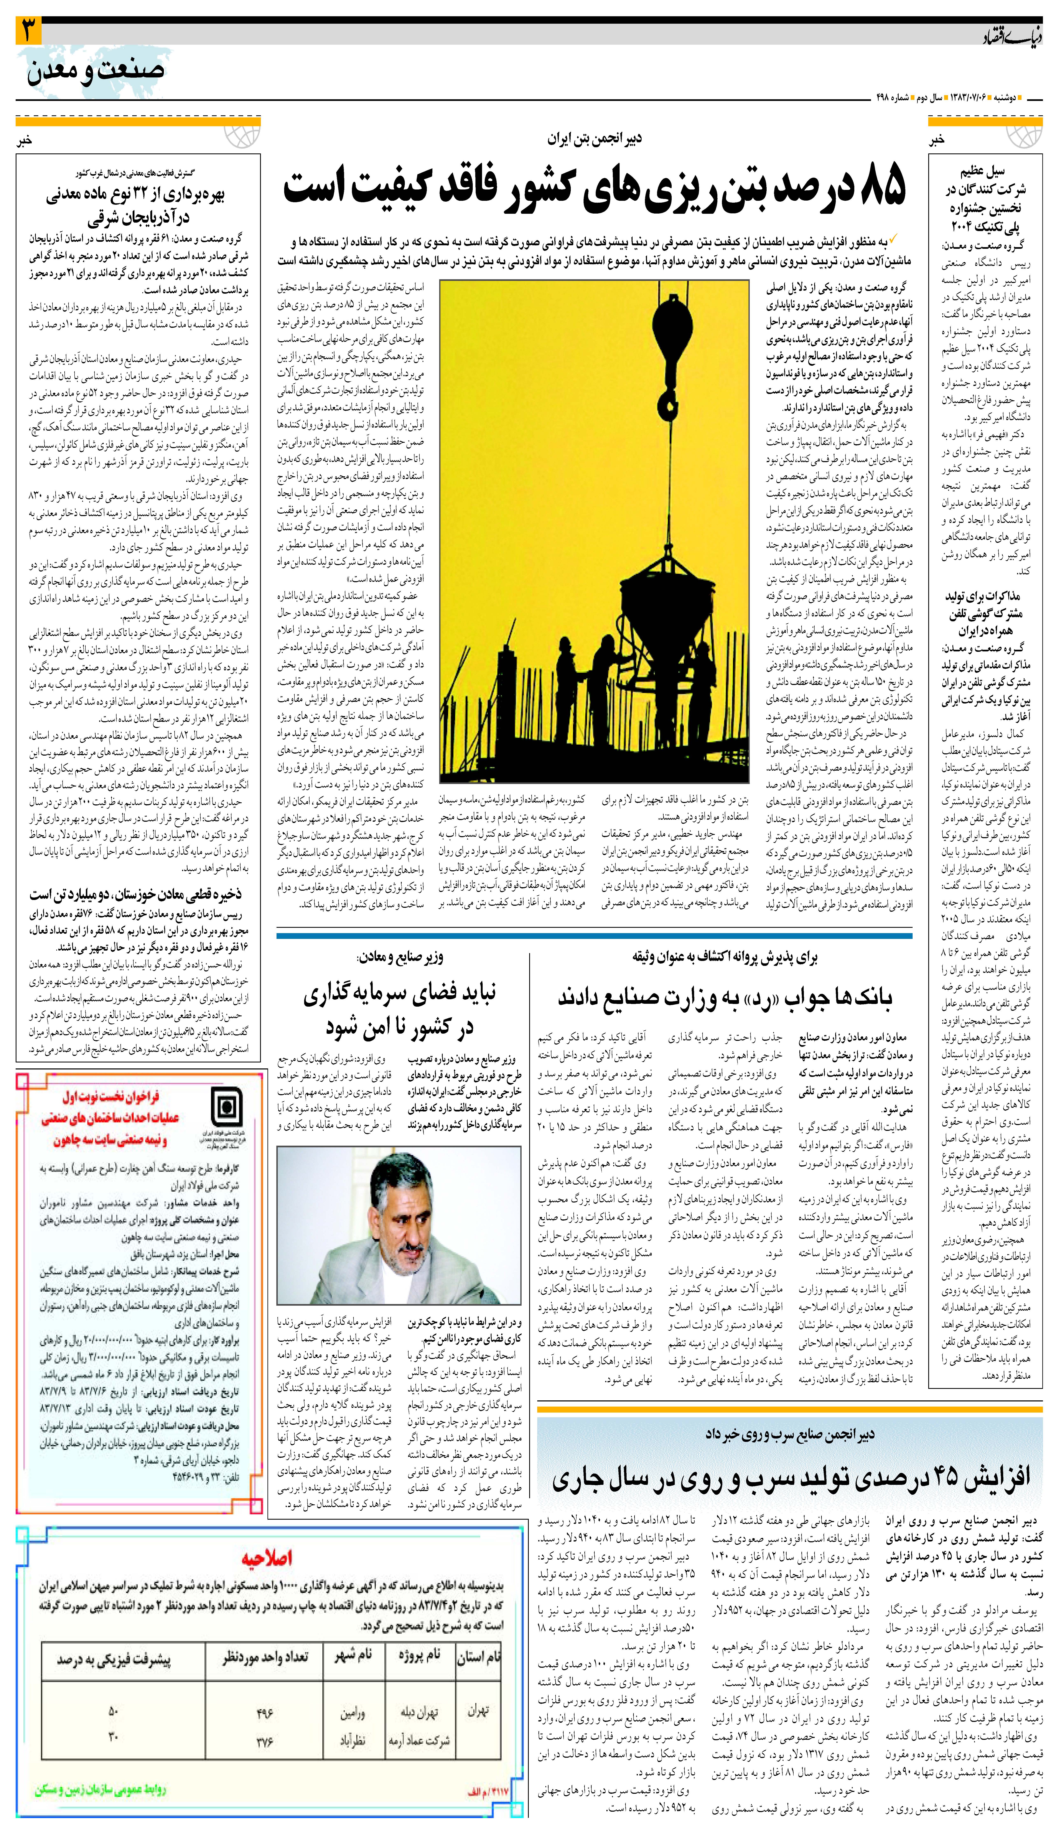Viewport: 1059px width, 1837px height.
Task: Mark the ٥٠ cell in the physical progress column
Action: (113, 1711)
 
